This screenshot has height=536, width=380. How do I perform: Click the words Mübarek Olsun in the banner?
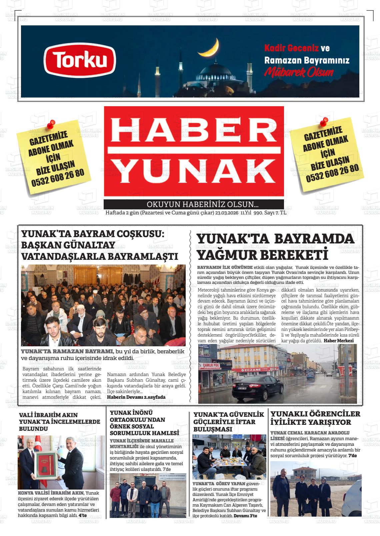(x=299, y=72)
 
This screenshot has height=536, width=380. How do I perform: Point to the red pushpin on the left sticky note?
(x=51, y=125)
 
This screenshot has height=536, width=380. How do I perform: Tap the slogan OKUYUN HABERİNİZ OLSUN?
(x=203, y=204)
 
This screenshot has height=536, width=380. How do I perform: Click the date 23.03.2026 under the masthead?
(x=227, y=213)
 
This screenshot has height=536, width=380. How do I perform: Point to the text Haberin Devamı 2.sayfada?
(x=136, y=397)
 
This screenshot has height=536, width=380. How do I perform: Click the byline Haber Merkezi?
(x=338, y=341)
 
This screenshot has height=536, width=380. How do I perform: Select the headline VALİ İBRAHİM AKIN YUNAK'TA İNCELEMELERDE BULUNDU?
(x=59, y=421)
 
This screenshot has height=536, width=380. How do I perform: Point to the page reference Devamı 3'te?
(x=245, y=516)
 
